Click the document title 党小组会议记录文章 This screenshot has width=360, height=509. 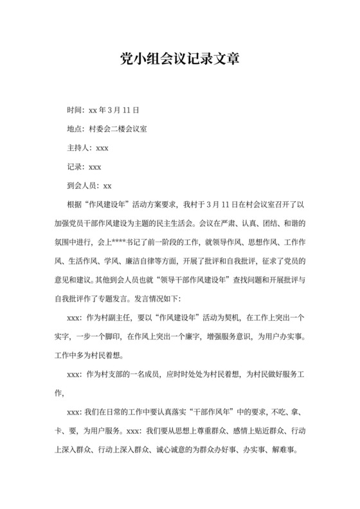[179, 59]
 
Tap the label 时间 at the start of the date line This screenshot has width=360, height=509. [75, 110]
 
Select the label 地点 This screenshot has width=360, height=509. [75, 129]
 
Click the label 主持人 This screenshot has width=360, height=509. [79, 148]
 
